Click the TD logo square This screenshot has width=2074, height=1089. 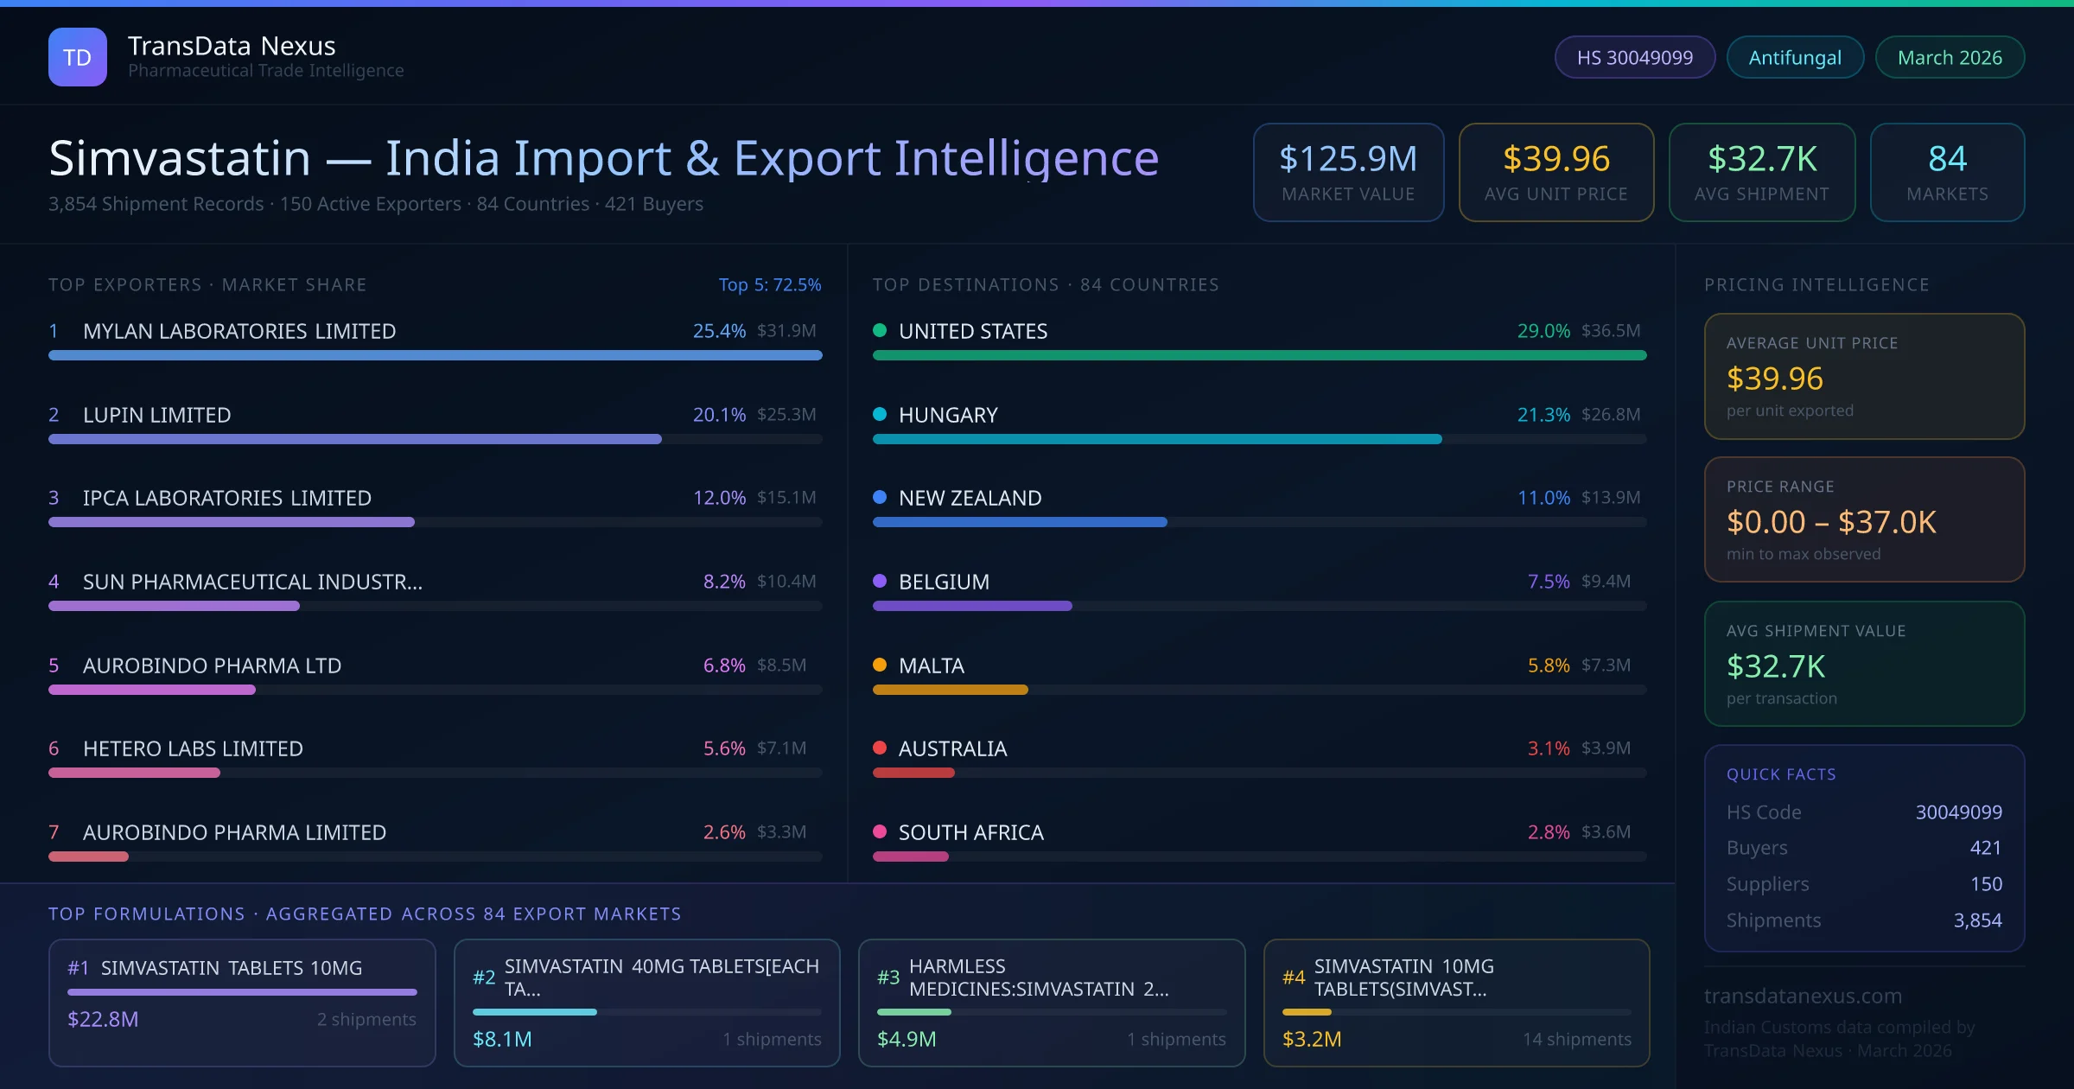point(78,57)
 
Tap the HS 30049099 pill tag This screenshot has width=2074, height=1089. point(1634,57)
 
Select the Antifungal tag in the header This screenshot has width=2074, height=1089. point(1794,57)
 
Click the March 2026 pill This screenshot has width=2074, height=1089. point(1949,57)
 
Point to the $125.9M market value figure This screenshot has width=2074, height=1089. point(1347,159)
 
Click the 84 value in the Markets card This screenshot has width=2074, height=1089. point(1947,159)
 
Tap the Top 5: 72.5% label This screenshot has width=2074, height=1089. point(769,284)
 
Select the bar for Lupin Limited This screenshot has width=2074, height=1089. point(355,439)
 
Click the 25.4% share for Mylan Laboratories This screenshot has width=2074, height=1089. point(718,331)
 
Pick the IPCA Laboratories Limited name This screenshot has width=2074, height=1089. point(226,498)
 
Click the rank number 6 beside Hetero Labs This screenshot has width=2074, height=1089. point(54,748)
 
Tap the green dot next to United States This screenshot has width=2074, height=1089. point(880,330)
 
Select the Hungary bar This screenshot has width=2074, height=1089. point(1156,439)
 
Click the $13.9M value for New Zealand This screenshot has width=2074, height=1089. point(1610,498)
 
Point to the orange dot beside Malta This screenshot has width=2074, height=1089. point(880,665)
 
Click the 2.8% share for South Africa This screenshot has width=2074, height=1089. point(1548,832)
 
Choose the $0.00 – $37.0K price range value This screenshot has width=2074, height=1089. point(1830,522)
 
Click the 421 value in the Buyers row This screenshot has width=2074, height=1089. point(1985,848)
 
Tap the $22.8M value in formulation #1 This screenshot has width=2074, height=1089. point(103,1019)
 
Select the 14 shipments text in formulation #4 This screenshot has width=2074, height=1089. point(1576,1039)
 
